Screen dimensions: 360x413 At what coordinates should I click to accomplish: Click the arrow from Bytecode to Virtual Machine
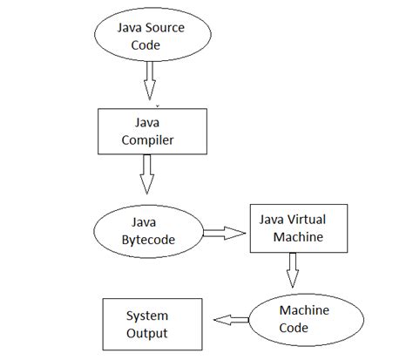[224, 232]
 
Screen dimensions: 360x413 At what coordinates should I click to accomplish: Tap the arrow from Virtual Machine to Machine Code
[293, 272]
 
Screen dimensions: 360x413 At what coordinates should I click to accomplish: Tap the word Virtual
[304, 219]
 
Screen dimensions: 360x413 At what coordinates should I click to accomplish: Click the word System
[146, 316]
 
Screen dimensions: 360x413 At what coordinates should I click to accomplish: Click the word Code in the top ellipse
[146, 45]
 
